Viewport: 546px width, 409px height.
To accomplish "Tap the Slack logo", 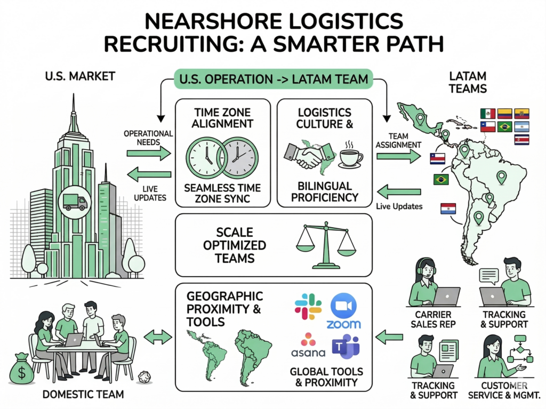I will coord(308,307).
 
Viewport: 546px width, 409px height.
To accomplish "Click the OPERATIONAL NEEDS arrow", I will coord(148,153).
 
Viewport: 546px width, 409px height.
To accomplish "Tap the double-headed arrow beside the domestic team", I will coord(159,336).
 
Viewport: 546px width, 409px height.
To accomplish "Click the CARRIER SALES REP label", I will coord(433,319).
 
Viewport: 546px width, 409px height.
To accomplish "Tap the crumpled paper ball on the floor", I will coord(144,376).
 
